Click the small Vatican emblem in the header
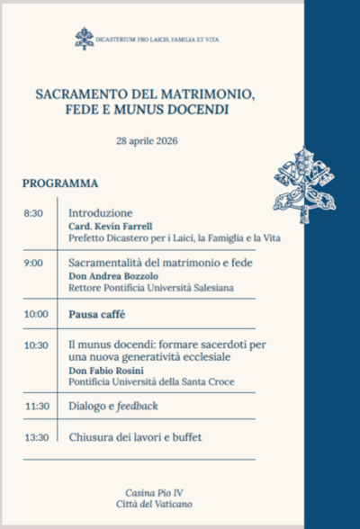(84, 38)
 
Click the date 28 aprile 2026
(147, 141)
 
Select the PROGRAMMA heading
(60, 184)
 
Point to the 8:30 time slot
(34, 213)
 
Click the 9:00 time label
(34, 264)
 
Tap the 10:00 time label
(36, 314)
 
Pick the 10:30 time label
(36, 345)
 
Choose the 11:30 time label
(36, 406)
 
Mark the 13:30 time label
(36, 437)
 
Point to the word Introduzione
(101, 213)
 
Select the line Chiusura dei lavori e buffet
(135, 437)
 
